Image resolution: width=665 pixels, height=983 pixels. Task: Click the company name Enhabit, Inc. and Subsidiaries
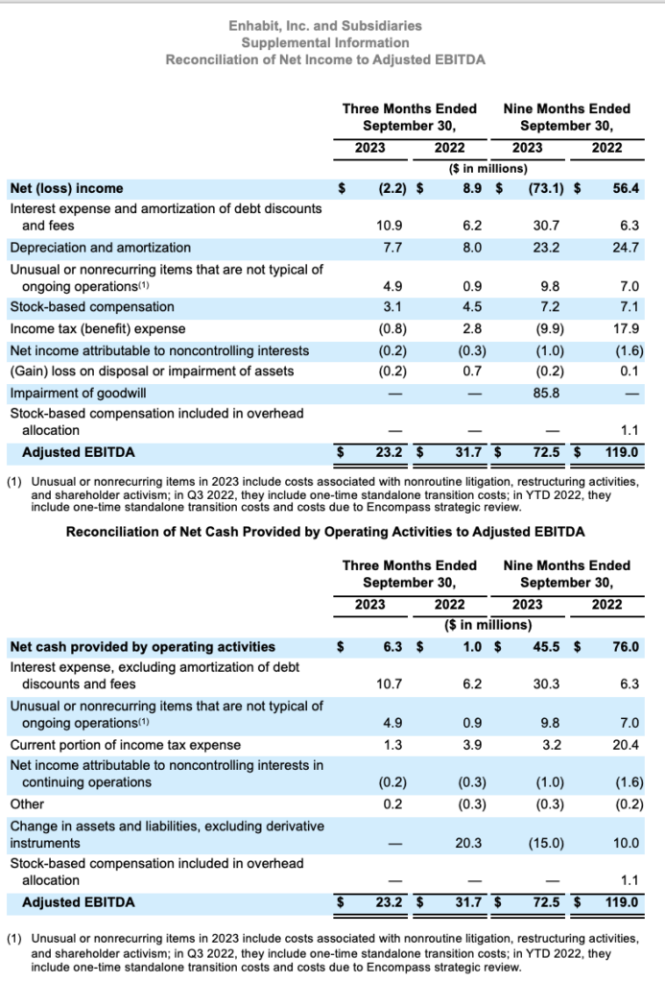(325, 25)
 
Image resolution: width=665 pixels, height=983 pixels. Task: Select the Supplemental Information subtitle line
(325, 42)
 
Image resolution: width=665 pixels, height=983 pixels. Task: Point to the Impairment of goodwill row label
(73, 393)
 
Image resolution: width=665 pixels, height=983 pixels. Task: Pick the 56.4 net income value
(626, 188)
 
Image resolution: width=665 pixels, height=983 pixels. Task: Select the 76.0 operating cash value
(626, 647)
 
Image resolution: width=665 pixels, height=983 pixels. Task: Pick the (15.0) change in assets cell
(544, 843)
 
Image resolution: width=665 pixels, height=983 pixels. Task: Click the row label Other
(27, 804)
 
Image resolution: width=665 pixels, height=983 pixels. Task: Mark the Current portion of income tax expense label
(125, 745)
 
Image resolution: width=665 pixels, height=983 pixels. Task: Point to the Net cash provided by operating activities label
(142, 647)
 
